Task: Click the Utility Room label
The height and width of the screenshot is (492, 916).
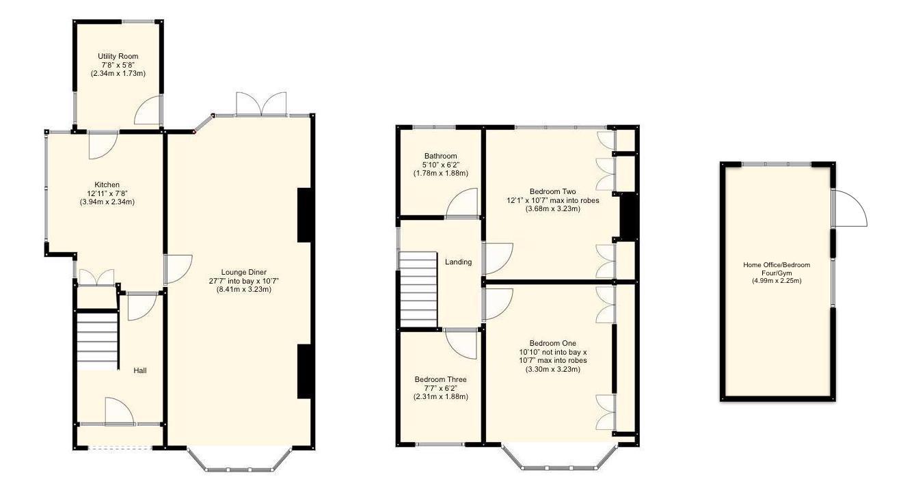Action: coord(118,56)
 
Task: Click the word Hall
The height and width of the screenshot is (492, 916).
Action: coord(140,370)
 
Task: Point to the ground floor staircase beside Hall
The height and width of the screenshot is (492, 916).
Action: coord(96,340)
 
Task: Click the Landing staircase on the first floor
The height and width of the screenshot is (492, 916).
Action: coord(418,290)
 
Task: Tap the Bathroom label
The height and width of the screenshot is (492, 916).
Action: coord(440,156)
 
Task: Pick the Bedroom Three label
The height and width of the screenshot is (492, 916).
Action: coord(440,379)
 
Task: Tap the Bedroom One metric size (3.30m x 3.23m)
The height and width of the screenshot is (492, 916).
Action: coord(552,369)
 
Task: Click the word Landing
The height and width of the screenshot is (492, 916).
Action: coord(458,262)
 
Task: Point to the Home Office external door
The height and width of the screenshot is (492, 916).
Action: coord(850,209)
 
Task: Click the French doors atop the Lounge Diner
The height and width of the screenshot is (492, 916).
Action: coord(260,104)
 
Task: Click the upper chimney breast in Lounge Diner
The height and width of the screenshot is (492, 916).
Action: coord(305,215)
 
